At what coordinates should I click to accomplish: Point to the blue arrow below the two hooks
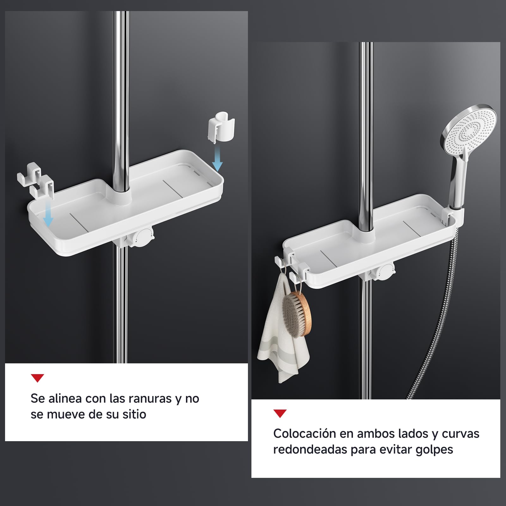pos(48,213)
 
